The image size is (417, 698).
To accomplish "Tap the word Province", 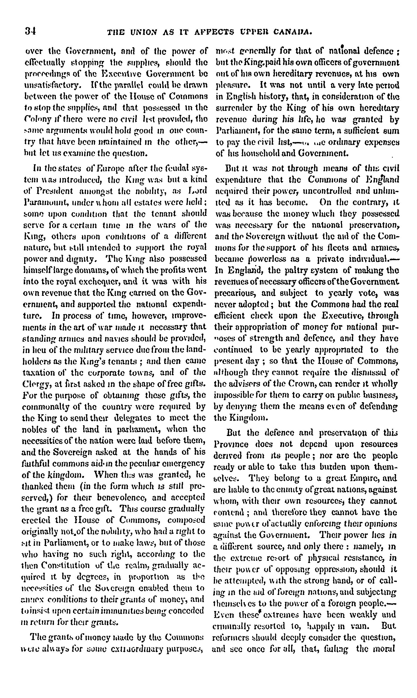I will pos(231,444).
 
